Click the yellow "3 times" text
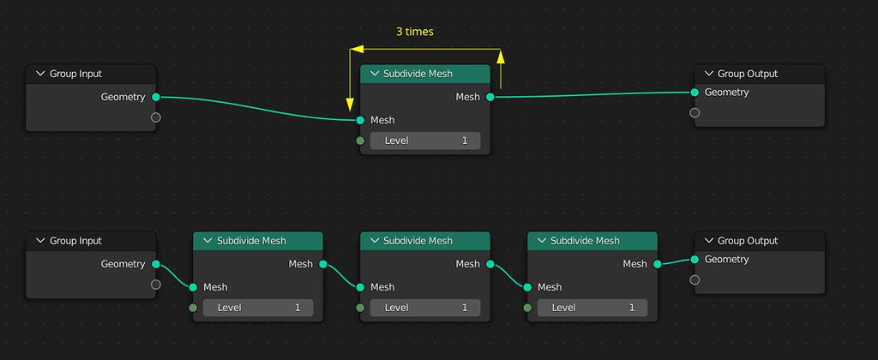point(414,32)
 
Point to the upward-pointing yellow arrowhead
point(501,57)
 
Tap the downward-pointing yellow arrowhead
point(351,103)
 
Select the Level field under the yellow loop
point(425,140)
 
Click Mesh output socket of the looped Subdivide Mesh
point(490,97)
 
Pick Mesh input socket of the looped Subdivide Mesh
point(360,120)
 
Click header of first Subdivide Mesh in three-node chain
point(257,241)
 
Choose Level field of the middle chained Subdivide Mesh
point(425,307)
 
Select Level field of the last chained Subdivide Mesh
point(592,307)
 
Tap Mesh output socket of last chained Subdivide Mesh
point(657,264)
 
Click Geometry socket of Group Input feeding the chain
point(155,264)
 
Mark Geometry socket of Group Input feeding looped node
point(155,97)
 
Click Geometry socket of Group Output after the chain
point(695,259)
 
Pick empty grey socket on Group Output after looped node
point(695,112)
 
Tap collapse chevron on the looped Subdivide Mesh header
point(374,74)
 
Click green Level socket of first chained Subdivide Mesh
point(193,307)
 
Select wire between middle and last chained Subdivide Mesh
point(508,275)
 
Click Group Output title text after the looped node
point(748,74)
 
